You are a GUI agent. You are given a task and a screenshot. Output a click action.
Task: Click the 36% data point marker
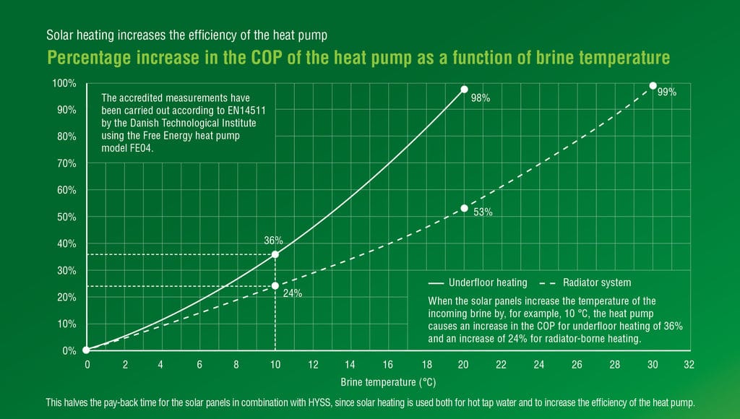point(275,254)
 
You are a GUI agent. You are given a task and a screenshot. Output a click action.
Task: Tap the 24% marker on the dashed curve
point(275,286)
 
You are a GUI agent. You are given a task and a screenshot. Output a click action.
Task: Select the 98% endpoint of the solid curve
point(465,90)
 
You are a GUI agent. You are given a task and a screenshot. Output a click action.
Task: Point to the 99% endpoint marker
point(653,86)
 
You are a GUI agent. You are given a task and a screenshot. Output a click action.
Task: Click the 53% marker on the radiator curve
point(465,208)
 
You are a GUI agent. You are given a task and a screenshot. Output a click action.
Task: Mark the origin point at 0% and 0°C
point(87,350)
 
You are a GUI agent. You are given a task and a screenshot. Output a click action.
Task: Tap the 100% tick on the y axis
point(64,83)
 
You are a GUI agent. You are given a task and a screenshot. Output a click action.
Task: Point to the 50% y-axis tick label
point(66,217)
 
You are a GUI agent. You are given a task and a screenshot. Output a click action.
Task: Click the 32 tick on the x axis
point(689,365)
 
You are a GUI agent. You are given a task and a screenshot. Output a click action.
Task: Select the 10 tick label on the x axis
point(275,365)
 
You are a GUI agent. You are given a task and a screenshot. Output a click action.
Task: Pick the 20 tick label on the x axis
point(463,365)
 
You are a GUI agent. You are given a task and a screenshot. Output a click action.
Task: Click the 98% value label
point(481,98)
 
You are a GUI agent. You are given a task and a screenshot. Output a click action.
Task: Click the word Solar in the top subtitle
point(58,35)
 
